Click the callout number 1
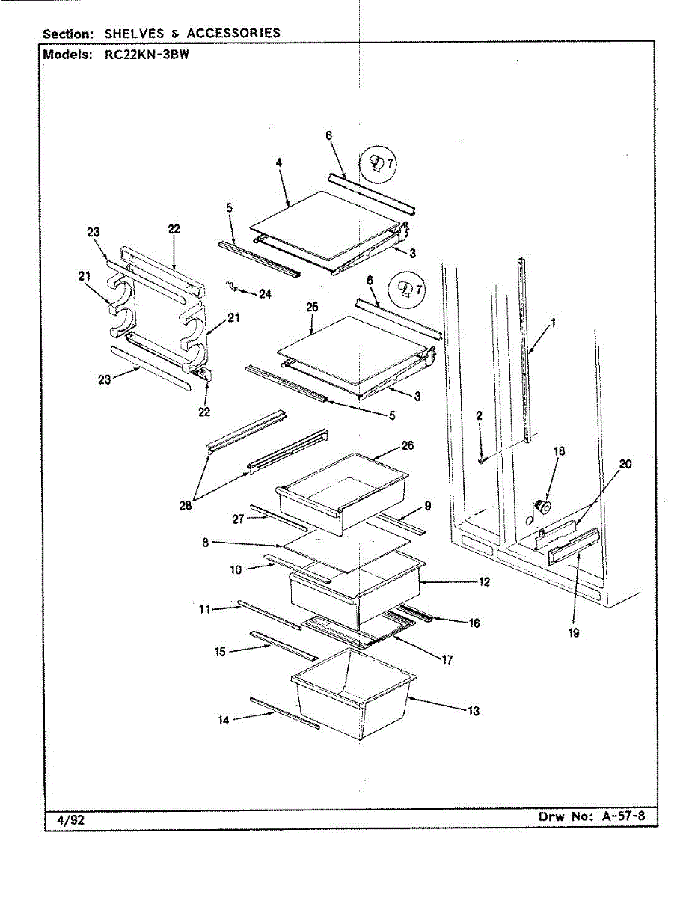point(554,323)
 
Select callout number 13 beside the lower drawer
point(474,711)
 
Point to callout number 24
point(265,294)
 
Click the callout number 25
point(313,307)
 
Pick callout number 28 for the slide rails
point(186,505)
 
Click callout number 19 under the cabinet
point(573,632)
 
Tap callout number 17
point(447,660)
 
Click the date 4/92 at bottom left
point(71,820)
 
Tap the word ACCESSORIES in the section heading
point(233,33)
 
